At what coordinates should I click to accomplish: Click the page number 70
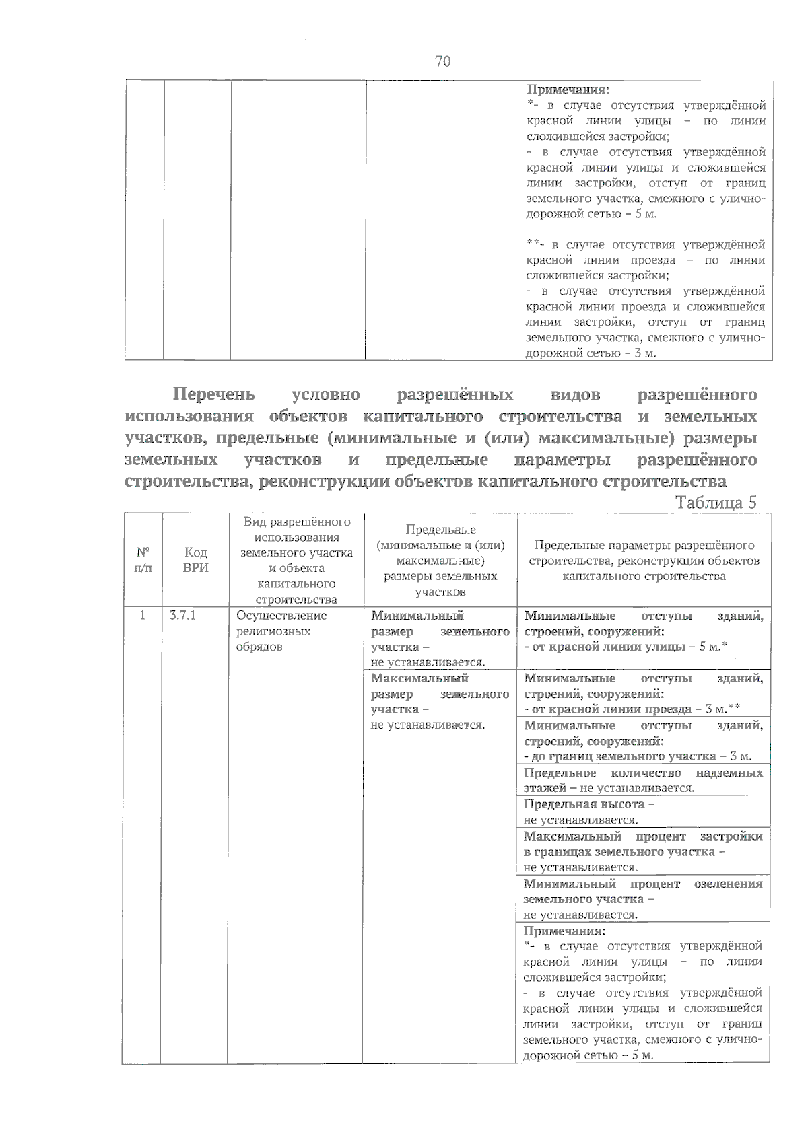[442, 62]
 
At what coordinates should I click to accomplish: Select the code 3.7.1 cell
[182, 615]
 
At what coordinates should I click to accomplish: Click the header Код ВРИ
[195, 560]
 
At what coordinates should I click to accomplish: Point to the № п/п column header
[142, 560]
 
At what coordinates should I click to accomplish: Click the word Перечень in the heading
[213, 394]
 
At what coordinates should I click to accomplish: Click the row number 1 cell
[142, 615]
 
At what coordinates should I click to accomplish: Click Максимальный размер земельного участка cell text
[439, 694]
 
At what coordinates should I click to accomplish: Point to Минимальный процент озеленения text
[642, 883]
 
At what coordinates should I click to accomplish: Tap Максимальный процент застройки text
[642, 836]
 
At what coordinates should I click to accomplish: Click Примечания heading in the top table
[567, 90]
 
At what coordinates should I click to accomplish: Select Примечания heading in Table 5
[564, 931]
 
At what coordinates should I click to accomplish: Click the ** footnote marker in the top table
[532, 244]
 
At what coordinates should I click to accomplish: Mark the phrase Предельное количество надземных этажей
[642, 773]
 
